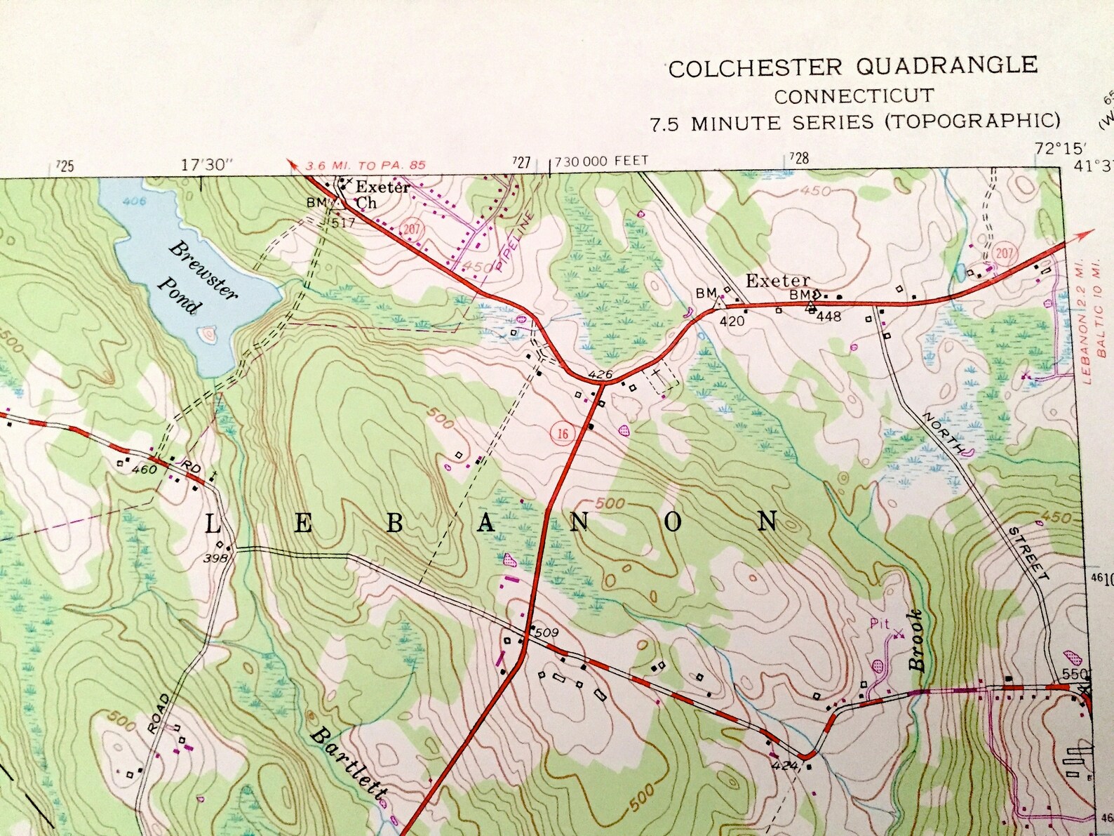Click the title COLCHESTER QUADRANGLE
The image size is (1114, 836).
coord(852,67)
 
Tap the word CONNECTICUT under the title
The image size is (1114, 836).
coord(853,96)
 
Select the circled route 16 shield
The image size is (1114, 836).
coord(563,434)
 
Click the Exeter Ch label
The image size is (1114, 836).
coord(376,194)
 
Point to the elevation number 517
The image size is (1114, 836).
coord(344,223)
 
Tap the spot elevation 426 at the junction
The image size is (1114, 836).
coord(600,374)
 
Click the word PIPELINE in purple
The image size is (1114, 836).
coord(514,241)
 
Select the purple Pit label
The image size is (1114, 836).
coord(879,623)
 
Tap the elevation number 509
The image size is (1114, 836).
coord(546,632)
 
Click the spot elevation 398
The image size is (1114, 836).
coord(215,558)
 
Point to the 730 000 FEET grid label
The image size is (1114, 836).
coord(601,161)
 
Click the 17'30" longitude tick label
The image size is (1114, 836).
coord(206,166)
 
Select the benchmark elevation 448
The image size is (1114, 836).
coord(828,317)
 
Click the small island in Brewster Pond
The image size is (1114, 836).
coord(208,336)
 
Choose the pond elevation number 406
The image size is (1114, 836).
coord(133,201)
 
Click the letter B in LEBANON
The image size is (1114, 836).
coord(395,523)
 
